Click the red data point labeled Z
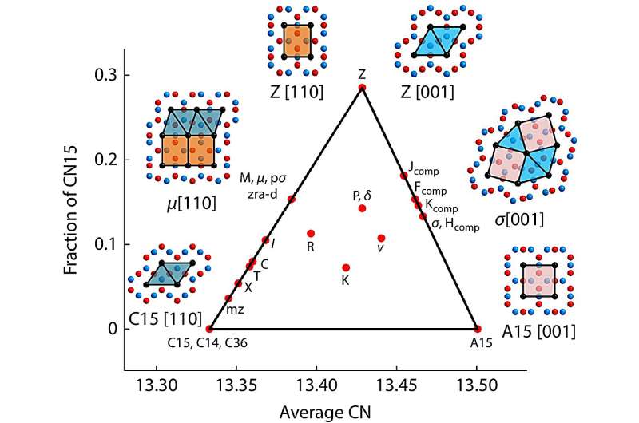[x=362, y=87]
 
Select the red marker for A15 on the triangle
[x=478, y=328]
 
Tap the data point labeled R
[x=311, y=233]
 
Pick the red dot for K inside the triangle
[x=346, y=267]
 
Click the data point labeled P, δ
[x=362, y=208]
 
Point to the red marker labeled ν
[x=381, y=238]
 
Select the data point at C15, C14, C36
[x=209, y=328]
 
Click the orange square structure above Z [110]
[x=297, y=42]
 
